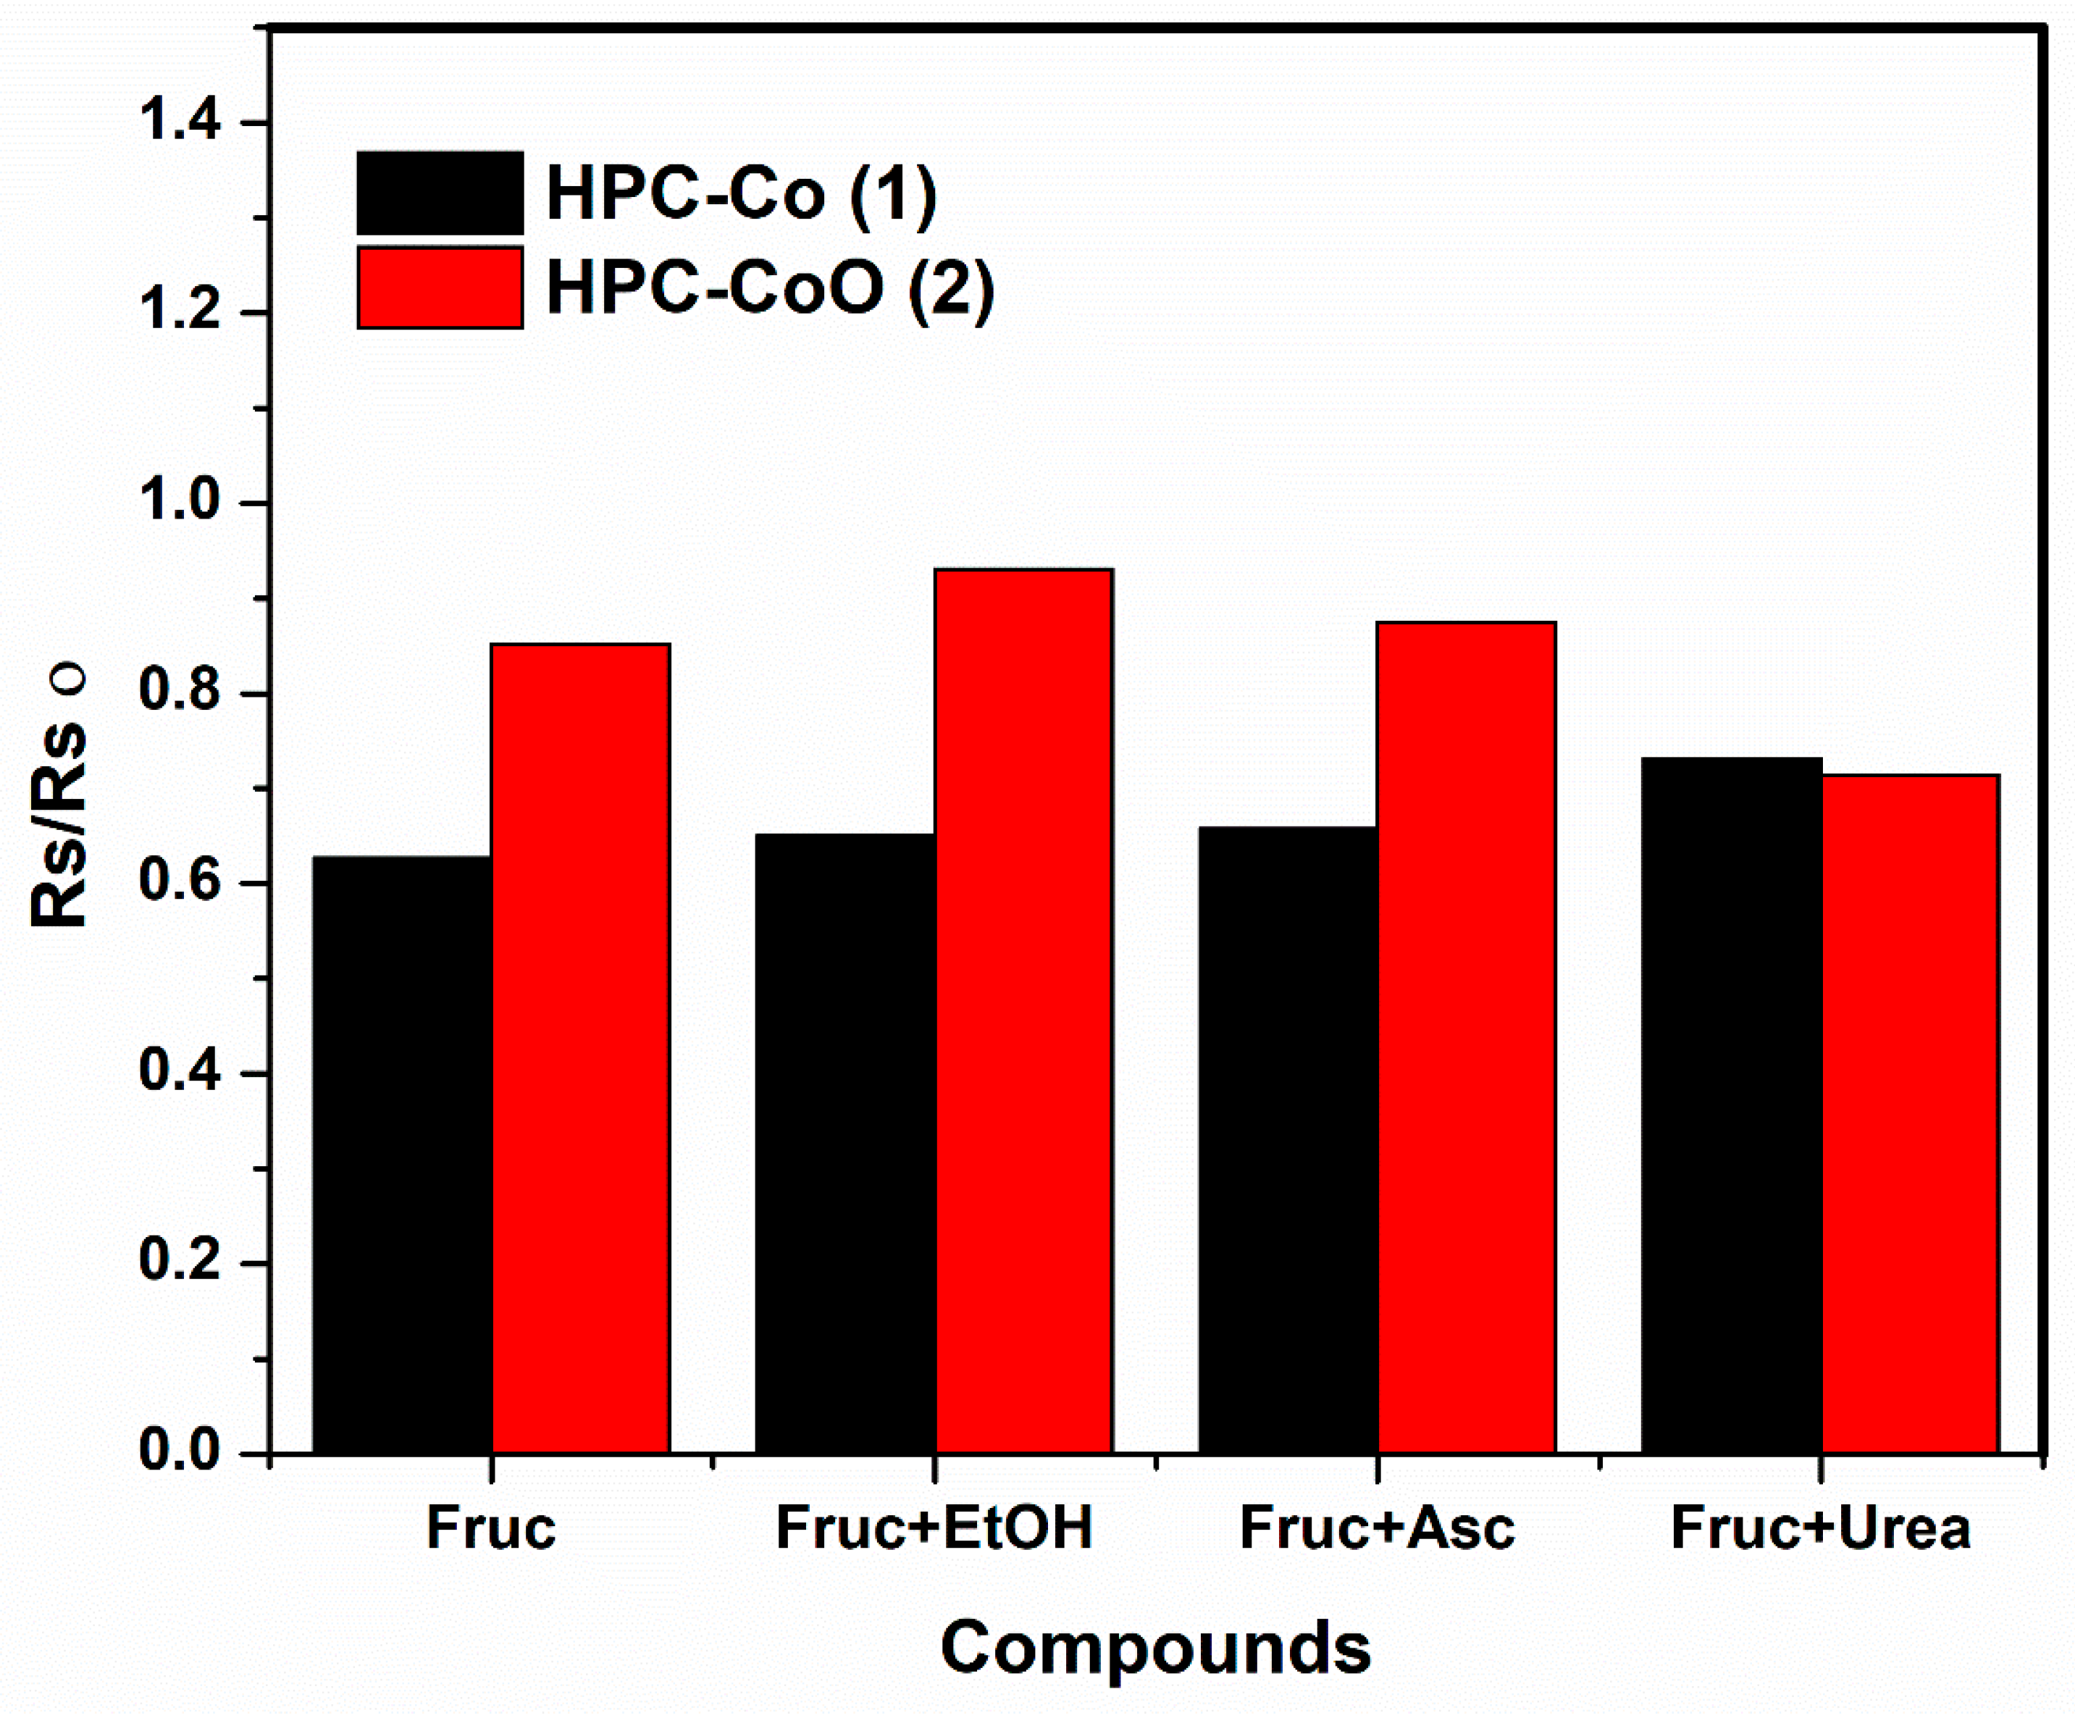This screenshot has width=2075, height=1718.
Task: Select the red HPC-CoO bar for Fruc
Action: (x=581, y=1047)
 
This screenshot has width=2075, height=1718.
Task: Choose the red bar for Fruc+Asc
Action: (x=1467, y=1036)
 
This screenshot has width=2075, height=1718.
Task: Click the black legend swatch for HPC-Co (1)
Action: (x=440, y=193)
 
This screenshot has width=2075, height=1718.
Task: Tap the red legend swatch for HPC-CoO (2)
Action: (x=440, y=288)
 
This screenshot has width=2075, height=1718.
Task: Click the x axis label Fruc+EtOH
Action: (x=934, y=1528)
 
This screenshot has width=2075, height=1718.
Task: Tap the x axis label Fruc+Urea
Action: (x=1820, y=1528)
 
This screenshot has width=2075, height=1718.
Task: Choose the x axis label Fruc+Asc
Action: (x=1376, y=1528)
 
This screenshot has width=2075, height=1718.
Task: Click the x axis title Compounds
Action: (x=1155, y=1647)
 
